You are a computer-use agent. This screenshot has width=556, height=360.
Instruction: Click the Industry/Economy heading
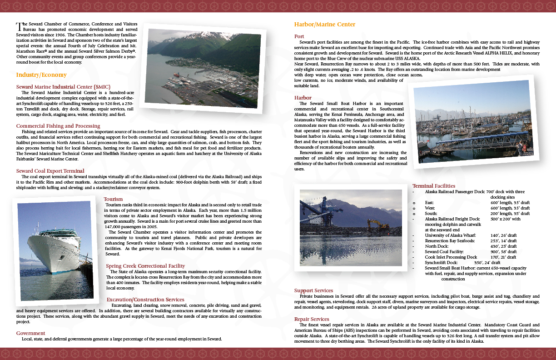tap(41, 75)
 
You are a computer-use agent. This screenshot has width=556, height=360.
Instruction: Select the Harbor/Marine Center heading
tap(325, 25)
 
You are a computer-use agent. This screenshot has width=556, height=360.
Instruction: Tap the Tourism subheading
tap(113, 199)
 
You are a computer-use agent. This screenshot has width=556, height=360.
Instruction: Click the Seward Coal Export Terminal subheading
tap(50, 171)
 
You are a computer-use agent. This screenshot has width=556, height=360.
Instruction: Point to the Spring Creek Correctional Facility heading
tap(145, 266)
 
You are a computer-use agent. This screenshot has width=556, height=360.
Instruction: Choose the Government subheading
tap(30, 333)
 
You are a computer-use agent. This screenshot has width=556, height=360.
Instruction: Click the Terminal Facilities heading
tap(434, 186)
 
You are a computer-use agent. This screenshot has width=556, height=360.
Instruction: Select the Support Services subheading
tap(313, 290)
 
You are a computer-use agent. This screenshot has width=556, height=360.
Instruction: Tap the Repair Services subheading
tap(312, 319)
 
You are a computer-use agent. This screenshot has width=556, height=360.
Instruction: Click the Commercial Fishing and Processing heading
tap(58, 126)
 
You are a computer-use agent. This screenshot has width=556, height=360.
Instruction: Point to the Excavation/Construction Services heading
tap(145, 300)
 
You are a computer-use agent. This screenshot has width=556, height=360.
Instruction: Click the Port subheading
tap(299, 36)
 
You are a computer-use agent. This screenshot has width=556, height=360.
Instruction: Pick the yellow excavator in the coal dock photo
tap(377, 224)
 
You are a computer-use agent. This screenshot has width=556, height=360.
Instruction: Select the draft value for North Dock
tap(503, 246)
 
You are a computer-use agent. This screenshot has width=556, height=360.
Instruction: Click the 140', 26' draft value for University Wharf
tap(503, 235)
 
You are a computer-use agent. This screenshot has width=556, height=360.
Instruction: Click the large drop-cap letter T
tap(19, 25)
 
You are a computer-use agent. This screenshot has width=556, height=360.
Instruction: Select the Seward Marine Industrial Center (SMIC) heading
tap(63, 86)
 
